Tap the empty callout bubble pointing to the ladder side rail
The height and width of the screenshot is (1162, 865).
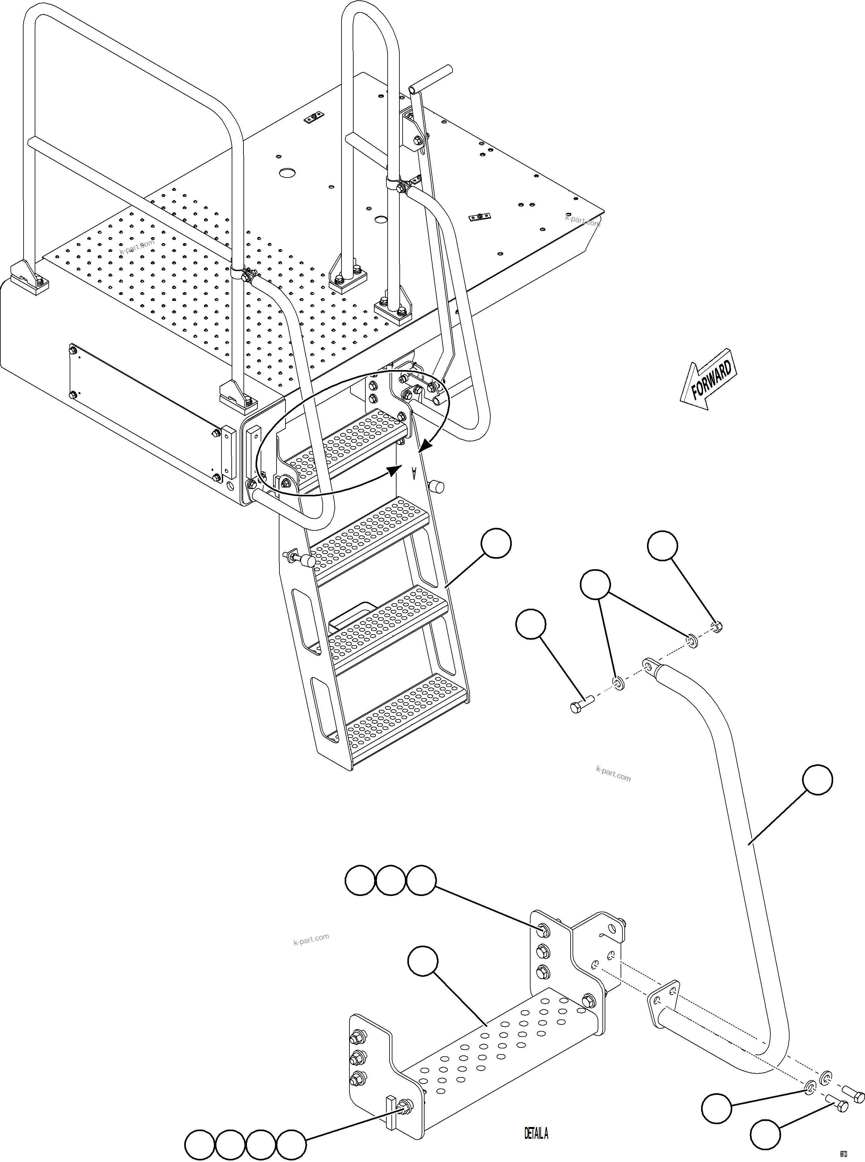pos(496,543)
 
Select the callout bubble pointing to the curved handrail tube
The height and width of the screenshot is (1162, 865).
pos(817,780)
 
